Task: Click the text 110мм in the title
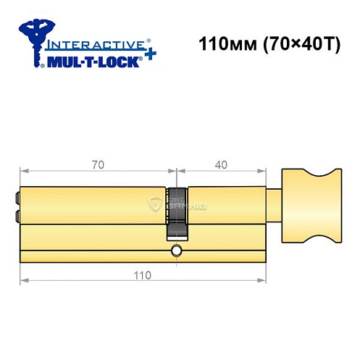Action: pyautogui.click(x=221, y=44)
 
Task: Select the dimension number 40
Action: pyautogui.click(x=222, y=164)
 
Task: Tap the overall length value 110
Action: pyautogui.click(x=142, y=276)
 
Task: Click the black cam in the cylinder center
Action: pyautogui.click(x=176, y=214)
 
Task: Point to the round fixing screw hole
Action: pyautogui.click(x=176, y=251)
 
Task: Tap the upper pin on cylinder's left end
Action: pyautogui.click(x=15, y=195)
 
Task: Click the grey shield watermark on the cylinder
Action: pyautogui.click(x=154, y=204)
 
